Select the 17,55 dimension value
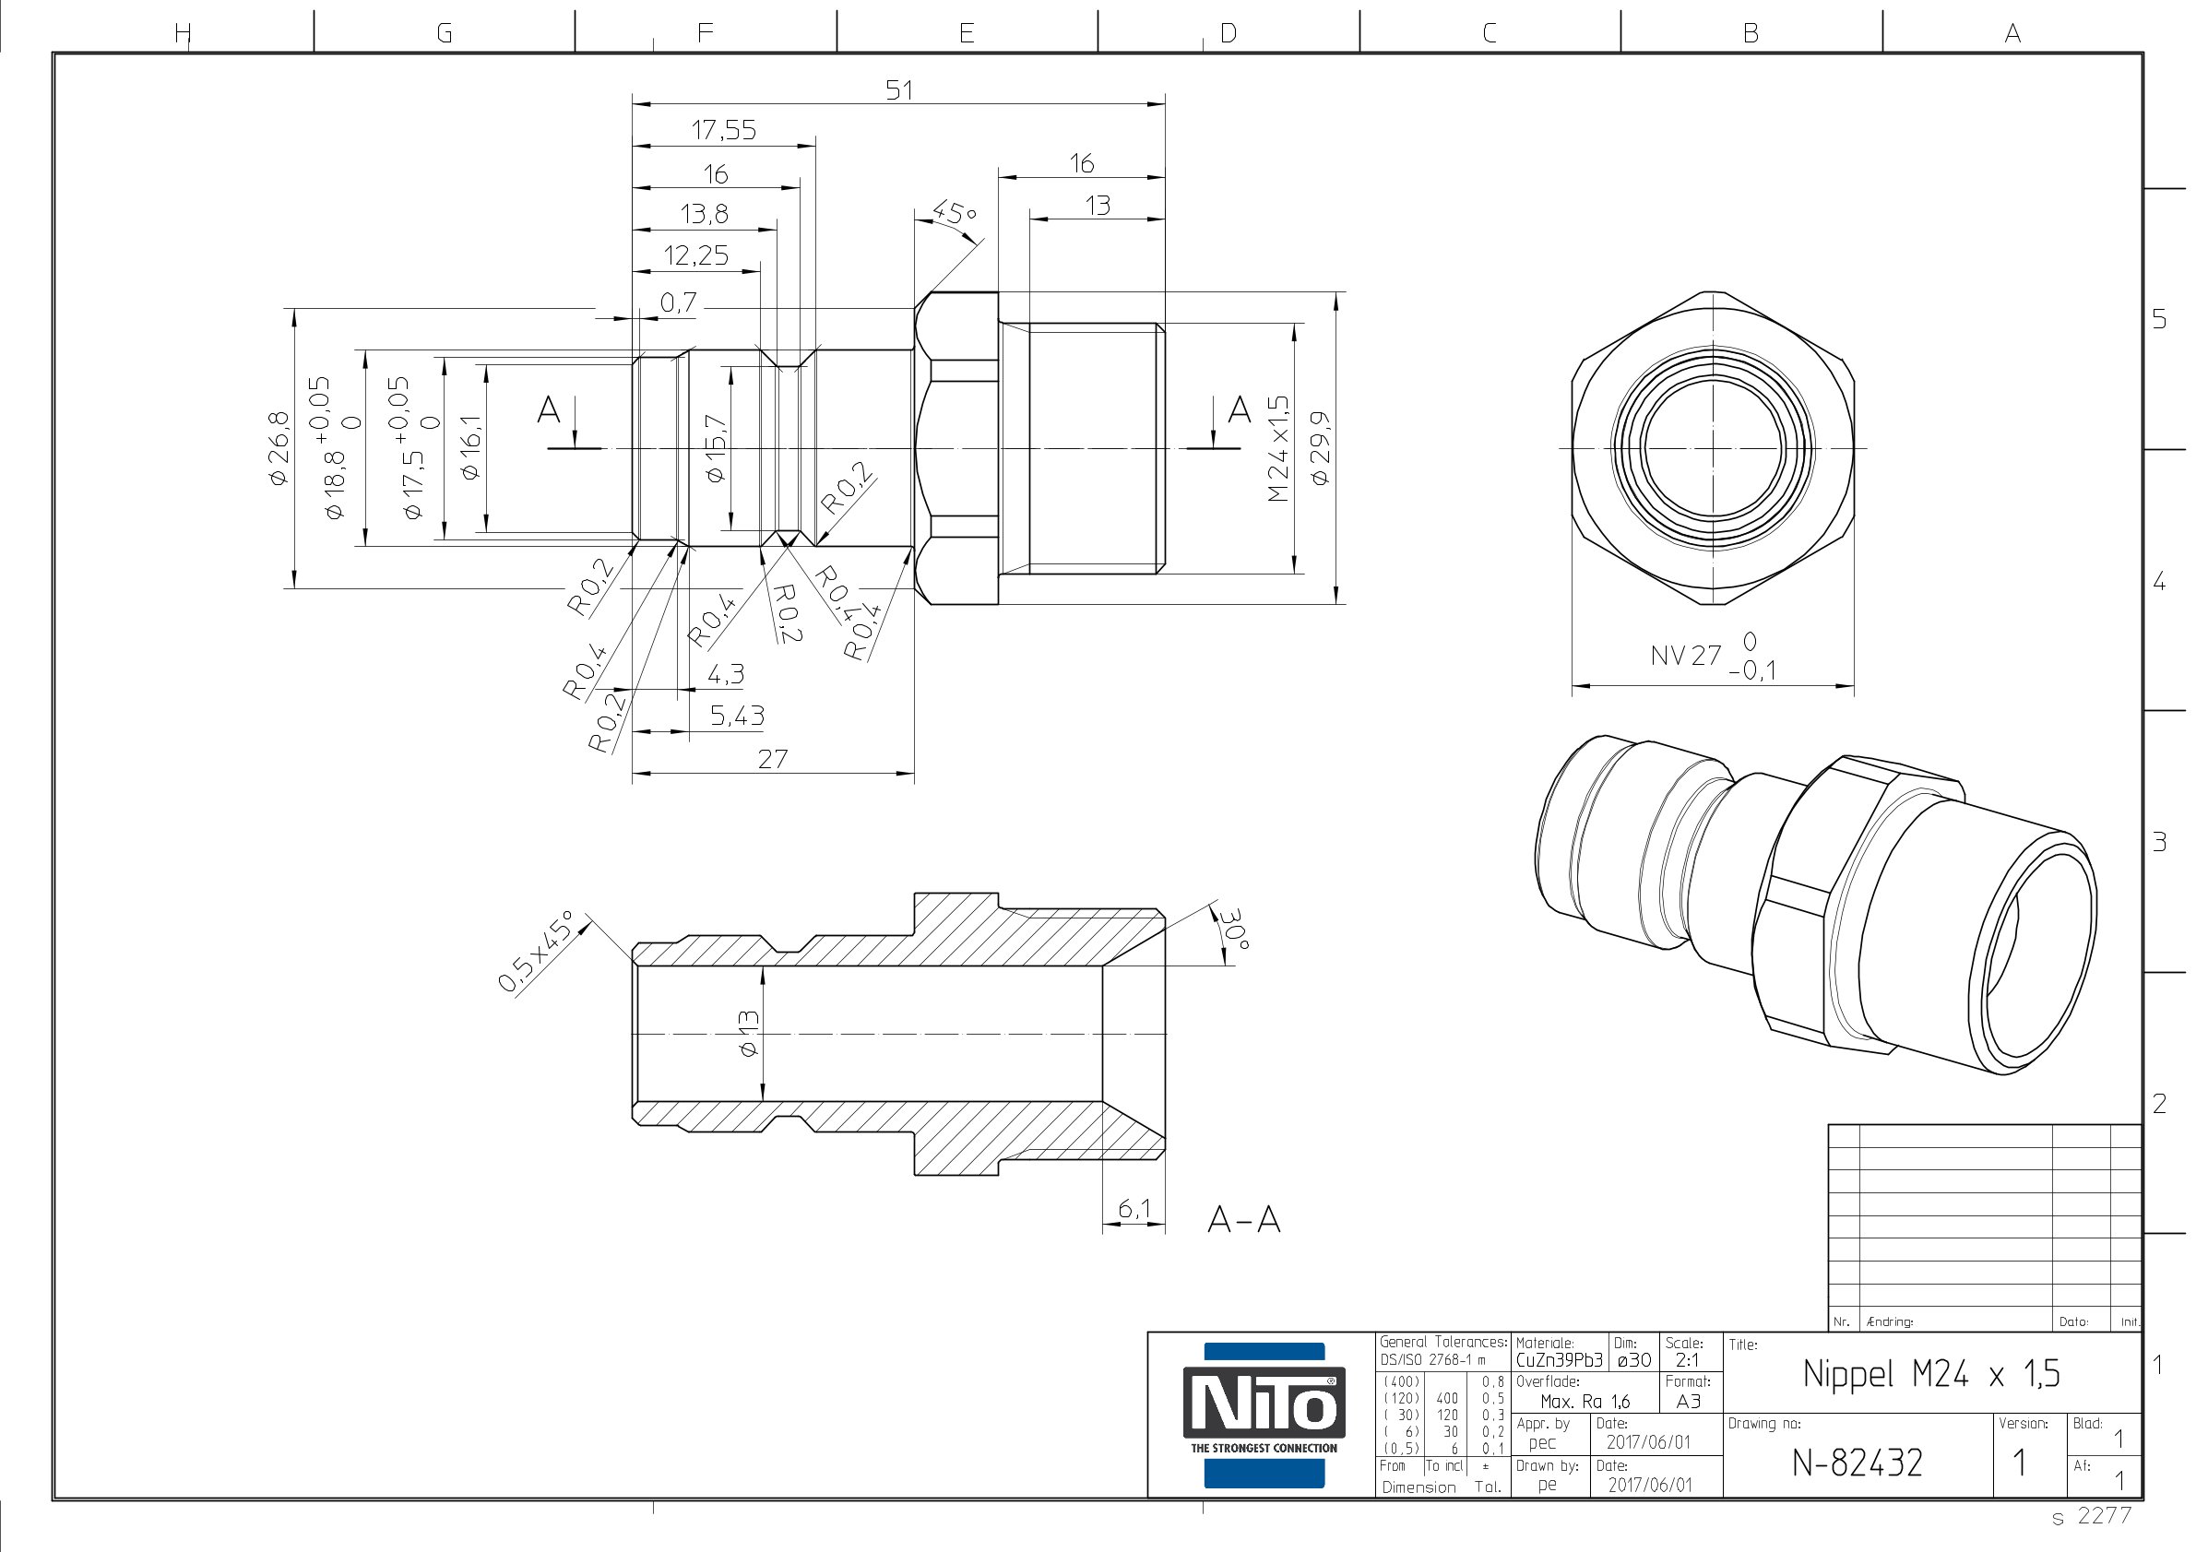pyautogui.click(x=724, y=130)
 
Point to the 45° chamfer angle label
pyautogui.click(x=954, y=212)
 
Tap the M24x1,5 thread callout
pyautogui.click(x=1277, y=448)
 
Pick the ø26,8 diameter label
pyautogui.click(x=279, y=448)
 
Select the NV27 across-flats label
pyautogui.click(x=1685, y=655)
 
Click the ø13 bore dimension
pyautogui.click(x=748, y=1034)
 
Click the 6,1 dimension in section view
pyautogui.click(x=1134, y=1209)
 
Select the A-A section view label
pyautogui.click(x=1243, y=1219)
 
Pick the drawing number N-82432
pyautogui.click(x=1857, y=1463)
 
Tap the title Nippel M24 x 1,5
pyautogui.click(x=1931, y=1374)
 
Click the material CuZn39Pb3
pyautogui.click(x=1559, y=1360)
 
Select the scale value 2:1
pyautogui.click(x=1687, y=1360)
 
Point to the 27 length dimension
pyautogui.click(x=773, y=759)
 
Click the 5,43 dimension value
pyautogui.click(x=737, y=716)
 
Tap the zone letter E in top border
pyautogui.click(x=967, y=33)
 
